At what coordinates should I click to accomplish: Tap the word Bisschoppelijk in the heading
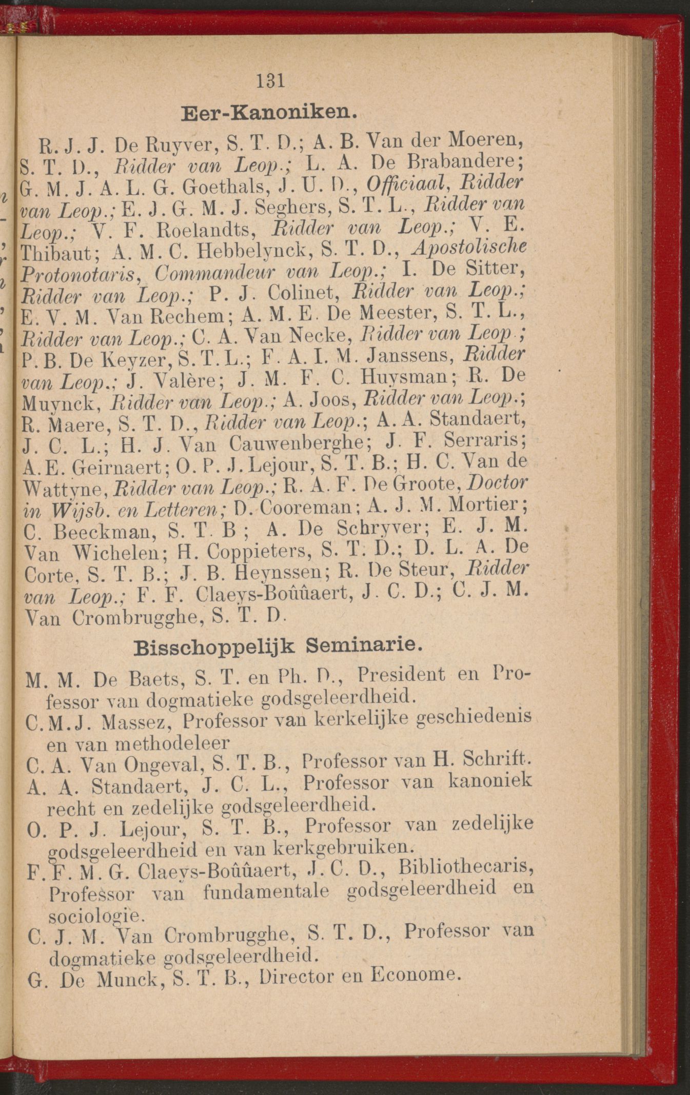click(x=214, y=647)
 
